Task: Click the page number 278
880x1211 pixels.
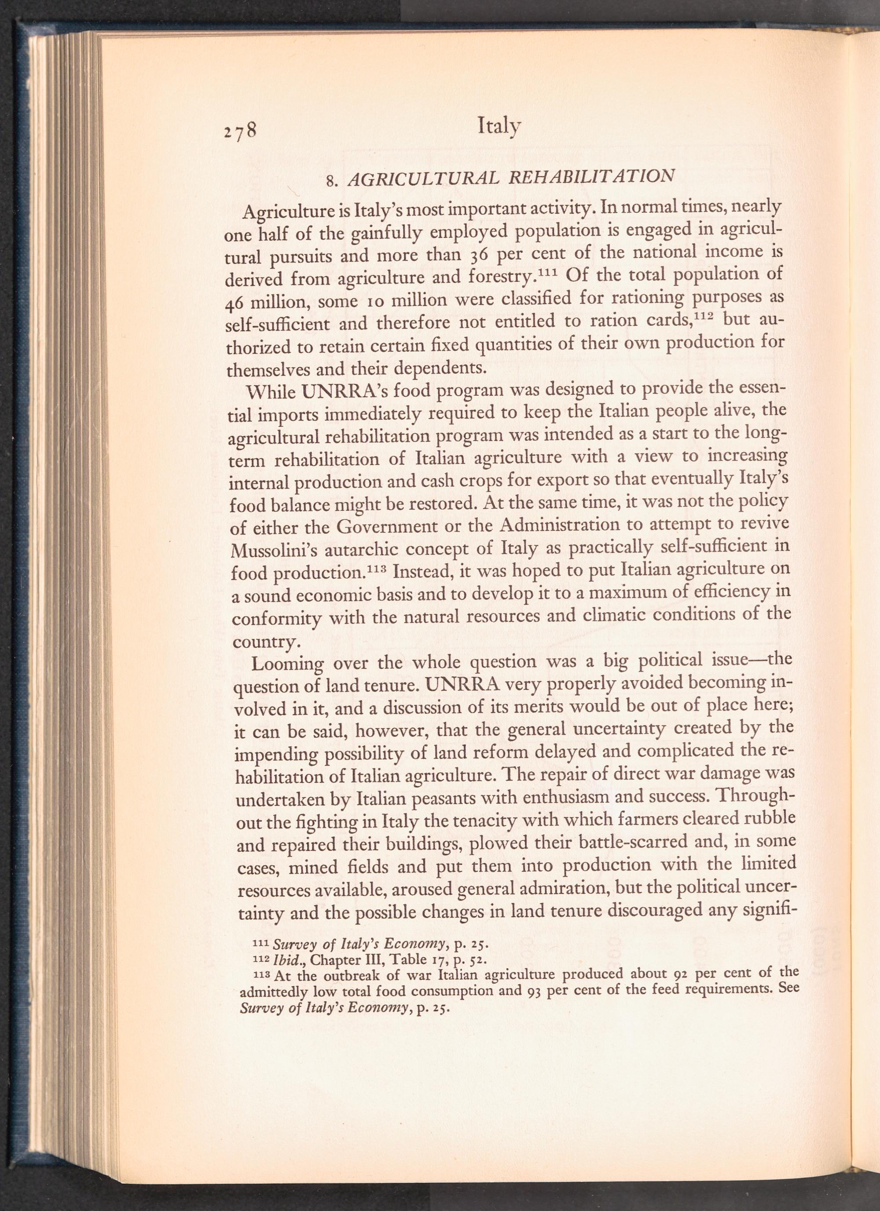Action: coord(241,130)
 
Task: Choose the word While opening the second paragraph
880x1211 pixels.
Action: coord(272,392)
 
